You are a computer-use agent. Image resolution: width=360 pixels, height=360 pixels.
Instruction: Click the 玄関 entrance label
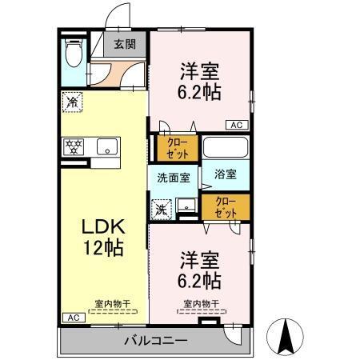click(123, 45)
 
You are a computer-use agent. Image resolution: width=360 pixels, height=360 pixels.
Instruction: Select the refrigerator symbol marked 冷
click(72, 102)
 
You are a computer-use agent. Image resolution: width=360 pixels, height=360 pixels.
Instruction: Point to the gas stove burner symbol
click(74, 146)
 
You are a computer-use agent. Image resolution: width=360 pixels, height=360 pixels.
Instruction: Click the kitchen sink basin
click(107, 146)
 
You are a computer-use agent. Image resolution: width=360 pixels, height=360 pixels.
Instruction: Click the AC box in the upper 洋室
click(238, 125)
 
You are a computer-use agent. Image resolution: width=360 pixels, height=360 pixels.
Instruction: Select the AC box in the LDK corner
click(73, 318)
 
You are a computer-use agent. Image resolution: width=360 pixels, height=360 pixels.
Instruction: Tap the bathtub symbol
click(225, 148)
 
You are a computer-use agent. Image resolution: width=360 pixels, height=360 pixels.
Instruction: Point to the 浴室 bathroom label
click(225, 174)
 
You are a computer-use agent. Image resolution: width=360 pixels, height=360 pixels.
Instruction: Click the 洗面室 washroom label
click(172, 178)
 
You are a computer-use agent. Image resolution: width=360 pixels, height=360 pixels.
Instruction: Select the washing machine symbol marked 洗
click(161, 210)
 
